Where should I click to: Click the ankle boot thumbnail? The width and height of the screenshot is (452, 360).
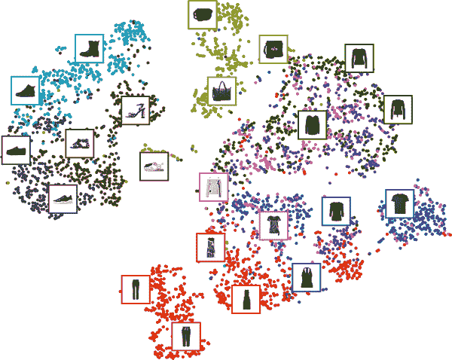90,49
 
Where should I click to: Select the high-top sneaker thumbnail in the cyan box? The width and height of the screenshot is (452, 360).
26,91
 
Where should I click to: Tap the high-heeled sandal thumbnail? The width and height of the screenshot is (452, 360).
136,111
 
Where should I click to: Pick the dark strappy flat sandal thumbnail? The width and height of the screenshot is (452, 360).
80,143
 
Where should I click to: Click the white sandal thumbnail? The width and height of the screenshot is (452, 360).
154,166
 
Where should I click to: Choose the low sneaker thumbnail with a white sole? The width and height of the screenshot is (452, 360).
63,199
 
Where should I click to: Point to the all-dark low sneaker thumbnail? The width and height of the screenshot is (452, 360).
16,151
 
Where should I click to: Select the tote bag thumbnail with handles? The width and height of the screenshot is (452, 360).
221,91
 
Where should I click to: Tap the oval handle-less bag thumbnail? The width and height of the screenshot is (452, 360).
202,14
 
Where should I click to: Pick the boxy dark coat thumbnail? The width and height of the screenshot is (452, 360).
312,125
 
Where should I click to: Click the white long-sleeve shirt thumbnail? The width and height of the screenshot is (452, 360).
213,187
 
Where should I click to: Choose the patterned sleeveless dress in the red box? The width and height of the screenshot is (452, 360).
210,247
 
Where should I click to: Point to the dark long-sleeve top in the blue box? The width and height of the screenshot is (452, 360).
335,212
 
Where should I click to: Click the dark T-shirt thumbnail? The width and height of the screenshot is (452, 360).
399,203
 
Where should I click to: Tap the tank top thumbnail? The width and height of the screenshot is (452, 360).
306,277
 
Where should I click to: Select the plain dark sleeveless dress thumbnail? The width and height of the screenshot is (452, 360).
246,299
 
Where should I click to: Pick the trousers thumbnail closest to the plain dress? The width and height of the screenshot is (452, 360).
186,336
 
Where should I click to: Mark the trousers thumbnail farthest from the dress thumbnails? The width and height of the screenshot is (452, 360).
136,289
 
